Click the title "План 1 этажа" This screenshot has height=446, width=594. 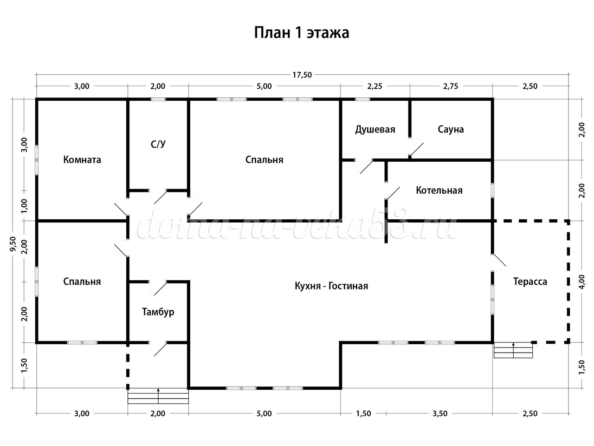[302, 33]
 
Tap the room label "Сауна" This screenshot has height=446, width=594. [451, 129]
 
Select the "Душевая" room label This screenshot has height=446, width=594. [375, 129]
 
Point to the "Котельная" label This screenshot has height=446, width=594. [439, 190]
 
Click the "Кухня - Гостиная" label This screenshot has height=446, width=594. [331, 286]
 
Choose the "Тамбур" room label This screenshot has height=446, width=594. [158, 312]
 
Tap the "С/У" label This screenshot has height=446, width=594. [158, 144]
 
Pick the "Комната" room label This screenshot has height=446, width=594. [82, 160]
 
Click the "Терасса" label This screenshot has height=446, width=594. [530, 282]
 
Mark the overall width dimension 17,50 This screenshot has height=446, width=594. [302, 74]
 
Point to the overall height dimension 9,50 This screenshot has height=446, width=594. [13, 244]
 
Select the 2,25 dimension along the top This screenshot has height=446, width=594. [374, 86]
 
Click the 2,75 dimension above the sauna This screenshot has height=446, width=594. [451, 86]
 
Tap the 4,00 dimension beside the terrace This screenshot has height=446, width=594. [581, 282]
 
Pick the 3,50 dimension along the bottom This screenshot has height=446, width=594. [439, 413]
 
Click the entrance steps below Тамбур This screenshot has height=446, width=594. [158, 396]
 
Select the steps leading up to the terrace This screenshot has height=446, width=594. [513, 350]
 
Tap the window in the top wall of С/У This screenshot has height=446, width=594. [158, 99]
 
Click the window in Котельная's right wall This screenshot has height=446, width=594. [493, 190]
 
